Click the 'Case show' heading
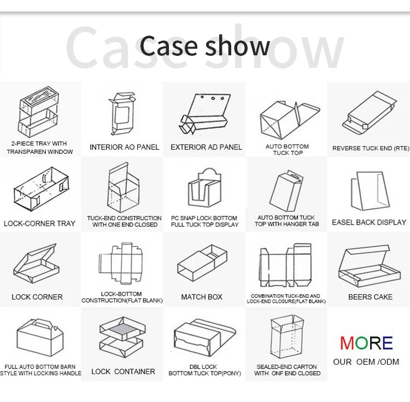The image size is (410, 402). click(x=205, y=47)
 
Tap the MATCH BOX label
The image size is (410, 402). click(x=202, y=297)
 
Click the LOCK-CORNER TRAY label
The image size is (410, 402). click(x=39, y=223)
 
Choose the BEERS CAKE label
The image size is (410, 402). click(x=370, y=297)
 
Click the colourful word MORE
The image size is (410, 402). click(x=366, y=343)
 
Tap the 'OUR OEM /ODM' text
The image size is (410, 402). click(x=366, y=361)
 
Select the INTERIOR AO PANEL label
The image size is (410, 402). click(x=125, y=147)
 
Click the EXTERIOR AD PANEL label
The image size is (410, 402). click(x=206, y=147)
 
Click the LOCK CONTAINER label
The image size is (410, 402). click(x=123, y=371)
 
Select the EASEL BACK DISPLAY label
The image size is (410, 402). click(x=369, y=222)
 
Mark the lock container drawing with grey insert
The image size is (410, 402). click(x=122, y=336)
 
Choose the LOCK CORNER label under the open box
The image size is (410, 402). click(x=37, y=297)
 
